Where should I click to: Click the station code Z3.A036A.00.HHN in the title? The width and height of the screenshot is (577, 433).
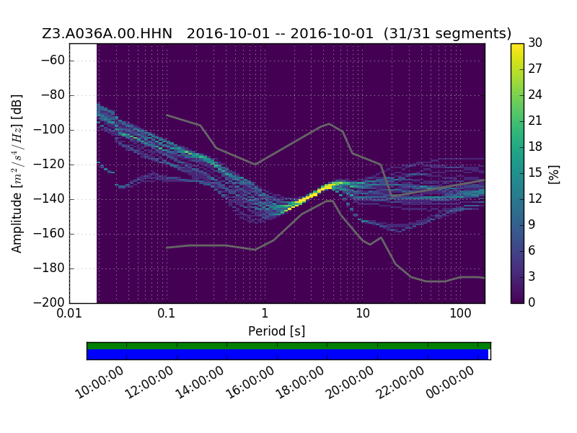[x=107, y=33]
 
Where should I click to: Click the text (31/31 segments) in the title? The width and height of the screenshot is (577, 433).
[x=447, y=33]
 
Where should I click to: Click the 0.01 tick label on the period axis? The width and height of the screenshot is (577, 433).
[x=69, y=313]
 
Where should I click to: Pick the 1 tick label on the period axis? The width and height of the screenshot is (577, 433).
[x=265, y=313]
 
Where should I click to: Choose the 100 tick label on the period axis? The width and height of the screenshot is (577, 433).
[x=460, y=313]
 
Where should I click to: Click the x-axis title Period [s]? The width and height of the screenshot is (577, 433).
[x=277, y=331]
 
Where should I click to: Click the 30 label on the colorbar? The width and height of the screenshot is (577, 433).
[x=535, y=43]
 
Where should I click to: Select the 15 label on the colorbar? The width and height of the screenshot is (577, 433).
[x=535, y=172]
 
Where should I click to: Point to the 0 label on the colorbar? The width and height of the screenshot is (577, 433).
[x=532, y=302]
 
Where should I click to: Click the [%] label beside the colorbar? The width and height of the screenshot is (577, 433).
[x=553, y=175]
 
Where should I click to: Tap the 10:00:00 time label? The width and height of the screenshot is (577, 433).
[x=100, y=383]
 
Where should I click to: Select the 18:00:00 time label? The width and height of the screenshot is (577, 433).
[x=300, y=383]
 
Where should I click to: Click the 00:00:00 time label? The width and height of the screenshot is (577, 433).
[x=450, y=383]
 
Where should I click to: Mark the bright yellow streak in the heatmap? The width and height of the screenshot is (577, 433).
[x=310, y=196]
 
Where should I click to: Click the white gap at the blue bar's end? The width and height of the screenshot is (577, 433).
[x=490, y=354]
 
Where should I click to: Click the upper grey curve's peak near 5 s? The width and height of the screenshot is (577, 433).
[x=330, y=123]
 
